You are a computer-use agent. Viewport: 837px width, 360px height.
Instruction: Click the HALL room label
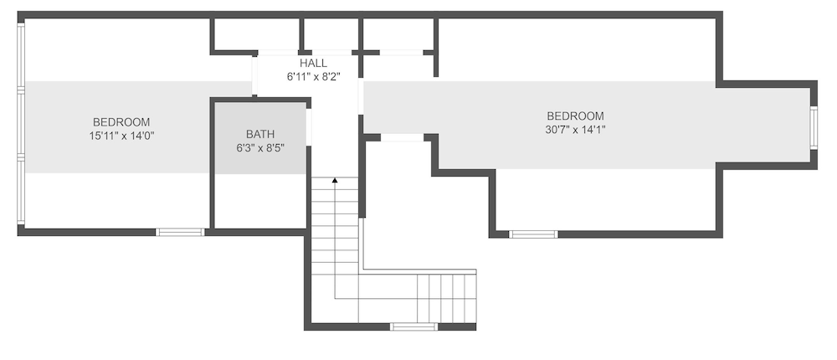(x=313, y=64)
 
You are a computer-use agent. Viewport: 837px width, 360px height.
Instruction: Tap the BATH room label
(x=260, y=134)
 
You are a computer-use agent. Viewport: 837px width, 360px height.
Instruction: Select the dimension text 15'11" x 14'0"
(x=121, y=136)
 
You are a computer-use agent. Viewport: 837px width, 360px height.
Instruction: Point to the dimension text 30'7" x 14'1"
(x=576, y=129)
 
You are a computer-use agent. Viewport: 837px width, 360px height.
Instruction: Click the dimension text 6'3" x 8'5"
(x=260, y=148)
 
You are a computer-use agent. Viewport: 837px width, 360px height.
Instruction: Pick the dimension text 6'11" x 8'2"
(x=313, y=77)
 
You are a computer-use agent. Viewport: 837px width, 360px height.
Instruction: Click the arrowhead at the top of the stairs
(x=335, y=181)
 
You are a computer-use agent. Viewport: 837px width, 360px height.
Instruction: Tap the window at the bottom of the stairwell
(x=413, y=327)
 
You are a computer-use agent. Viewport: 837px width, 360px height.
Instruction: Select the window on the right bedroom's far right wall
(x=814, y=127)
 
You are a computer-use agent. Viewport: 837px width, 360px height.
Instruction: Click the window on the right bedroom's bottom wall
(x=533, y=234)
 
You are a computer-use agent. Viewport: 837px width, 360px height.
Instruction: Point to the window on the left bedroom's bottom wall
(x=180, y=232)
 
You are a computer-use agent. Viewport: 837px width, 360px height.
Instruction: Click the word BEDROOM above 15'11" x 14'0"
(x=121, y=122)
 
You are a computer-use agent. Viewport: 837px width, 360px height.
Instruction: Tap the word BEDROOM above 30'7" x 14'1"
(x=576, y=116)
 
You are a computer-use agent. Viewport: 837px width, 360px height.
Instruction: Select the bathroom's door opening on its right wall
(x=309, y=127)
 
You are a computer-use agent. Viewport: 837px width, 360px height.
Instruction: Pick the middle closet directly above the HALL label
(x=331, y=35)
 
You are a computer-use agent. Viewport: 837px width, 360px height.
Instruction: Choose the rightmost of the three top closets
(x=398, y=35)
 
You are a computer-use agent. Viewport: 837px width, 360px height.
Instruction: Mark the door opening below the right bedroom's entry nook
(x=402, y=138)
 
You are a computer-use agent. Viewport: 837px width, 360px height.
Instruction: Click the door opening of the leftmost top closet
(x=278, y=53)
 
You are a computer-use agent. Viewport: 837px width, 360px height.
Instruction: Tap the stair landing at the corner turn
(x=335, y=299)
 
